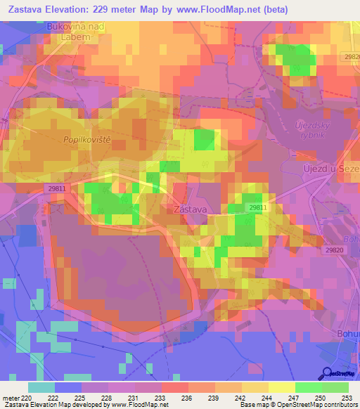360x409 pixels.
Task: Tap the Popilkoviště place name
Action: [88, 140]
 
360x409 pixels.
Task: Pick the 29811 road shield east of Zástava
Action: [257, 207]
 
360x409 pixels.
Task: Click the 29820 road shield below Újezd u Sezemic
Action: [335, 249]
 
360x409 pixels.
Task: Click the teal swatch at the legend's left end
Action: [41, 387]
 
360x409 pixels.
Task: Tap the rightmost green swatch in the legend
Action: [335, 387]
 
